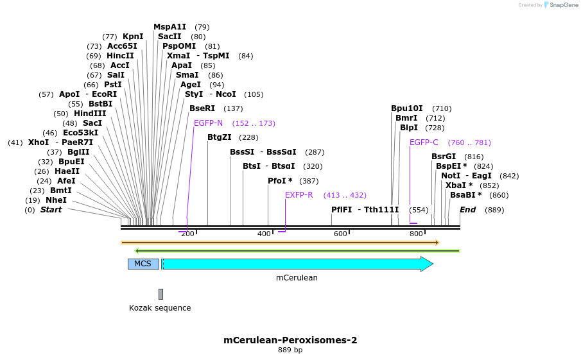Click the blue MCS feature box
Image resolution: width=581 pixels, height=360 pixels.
143,264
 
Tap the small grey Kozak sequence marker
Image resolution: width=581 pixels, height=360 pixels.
160,294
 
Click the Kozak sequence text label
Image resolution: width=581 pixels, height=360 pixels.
160,308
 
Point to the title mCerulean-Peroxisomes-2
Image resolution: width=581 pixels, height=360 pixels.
290,340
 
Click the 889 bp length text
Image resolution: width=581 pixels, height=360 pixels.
290,350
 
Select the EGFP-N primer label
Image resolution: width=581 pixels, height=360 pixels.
208,123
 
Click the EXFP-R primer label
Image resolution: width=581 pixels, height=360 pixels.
299,195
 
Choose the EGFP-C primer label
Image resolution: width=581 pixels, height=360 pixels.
424,142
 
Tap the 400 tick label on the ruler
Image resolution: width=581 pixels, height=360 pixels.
264,234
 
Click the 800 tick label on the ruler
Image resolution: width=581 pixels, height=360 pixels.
416,234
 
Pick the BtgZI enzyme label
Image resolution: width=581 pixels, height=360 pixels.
220,137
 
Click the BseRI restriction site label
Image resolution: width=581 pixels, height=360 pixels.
202,108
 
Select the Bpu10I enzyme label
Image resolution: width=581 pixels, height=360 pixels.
407,108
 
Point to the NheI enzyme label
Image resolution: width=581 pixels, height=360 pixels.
56,200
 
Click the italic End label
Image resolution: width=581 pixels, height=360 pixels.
467,210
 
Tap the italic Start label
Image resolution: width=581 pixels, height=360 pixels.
51,210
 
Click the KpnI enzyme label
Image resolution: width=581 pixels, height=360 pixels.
133,37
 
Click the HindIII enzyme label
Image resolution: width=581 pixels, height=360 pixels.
90,114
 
